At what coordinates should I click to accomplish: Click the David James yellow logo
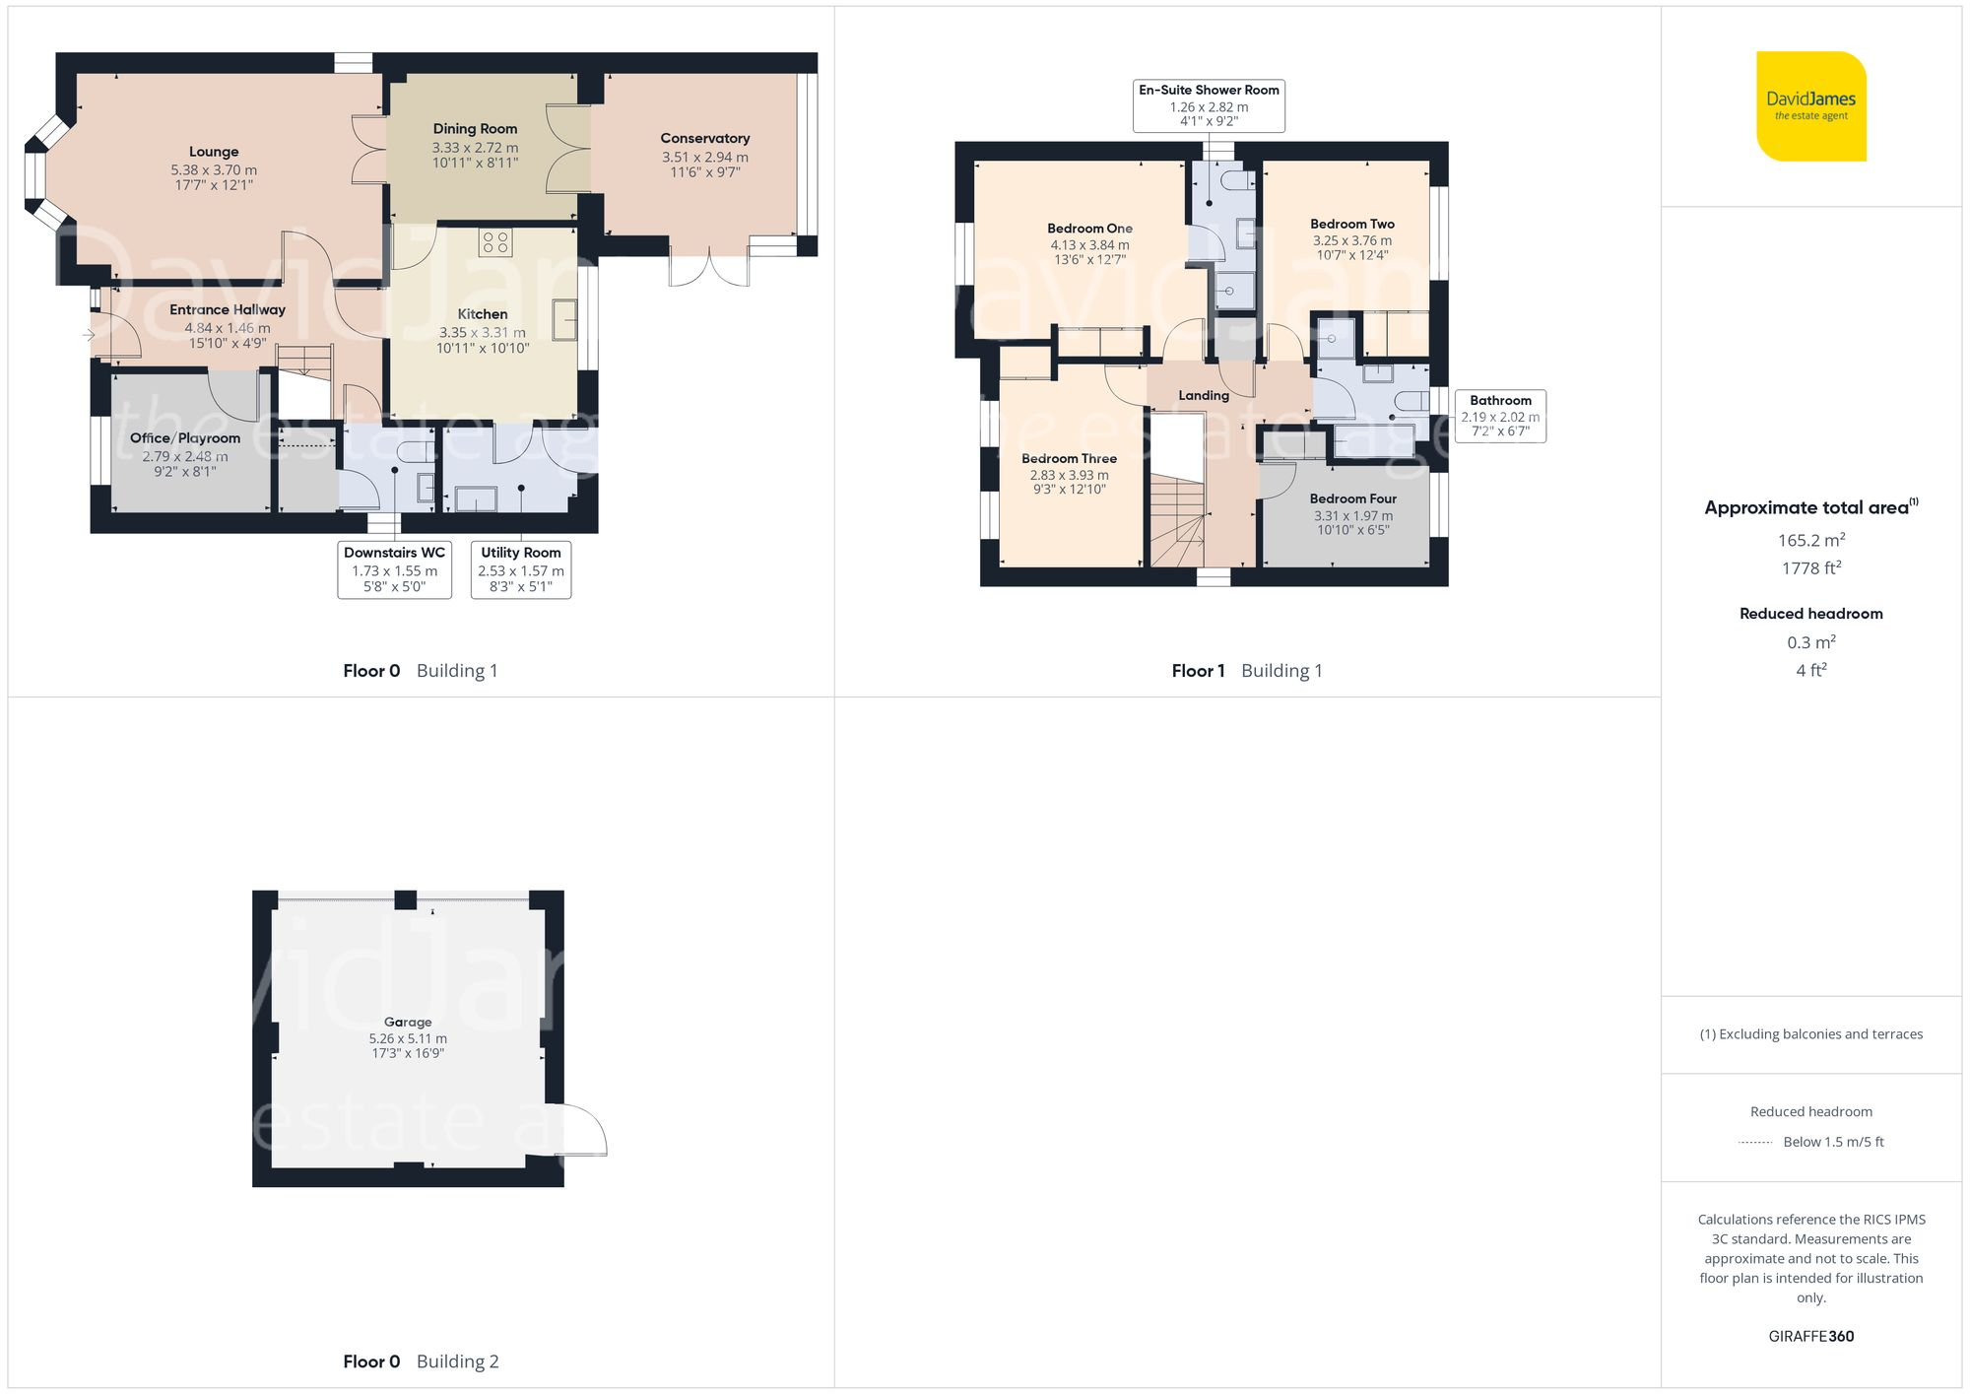click(x=1810, y=106)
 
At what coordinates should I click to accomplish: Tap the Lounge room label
click(x=214, y=152)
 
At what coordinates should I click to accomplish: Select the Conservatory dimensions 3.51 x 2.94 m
click(x=704, y=157)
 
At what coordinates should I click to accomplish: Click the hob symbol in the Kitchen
click(x=494, y=242)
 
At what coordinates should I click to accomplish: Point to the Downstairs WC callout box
click(x=394, y=569)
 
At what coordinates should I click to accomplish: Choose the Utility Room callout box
click(x=520, y=569)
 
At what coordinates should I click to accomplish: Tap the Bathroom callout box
click(x=1499, y=416)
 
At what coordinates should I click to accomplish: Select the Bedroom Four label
click(x=1352, y=498)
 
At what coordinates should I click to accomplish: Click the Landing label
click(x=1203, y=395)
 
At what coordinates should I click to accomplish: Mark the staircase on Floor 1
click(x=1177, y=522)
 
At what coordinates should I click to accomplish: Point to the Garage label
click(x=408, y=1022)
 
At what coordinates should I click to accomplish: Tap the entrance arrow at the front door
click(x=89, y=335)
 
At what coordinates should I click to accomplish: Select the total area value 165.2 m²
click(x=1810, y=540)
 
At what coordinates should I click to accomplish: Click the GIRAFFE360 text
click(x=1810, y=1336)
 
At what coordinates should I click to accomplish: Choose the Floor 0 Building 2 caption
click(x=421, y=1361)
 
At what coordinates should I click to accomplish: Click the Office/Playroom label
click(x=185, y=438)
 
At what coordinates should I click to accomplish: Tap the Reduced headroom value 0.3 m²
click(x=1810, y=642)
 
